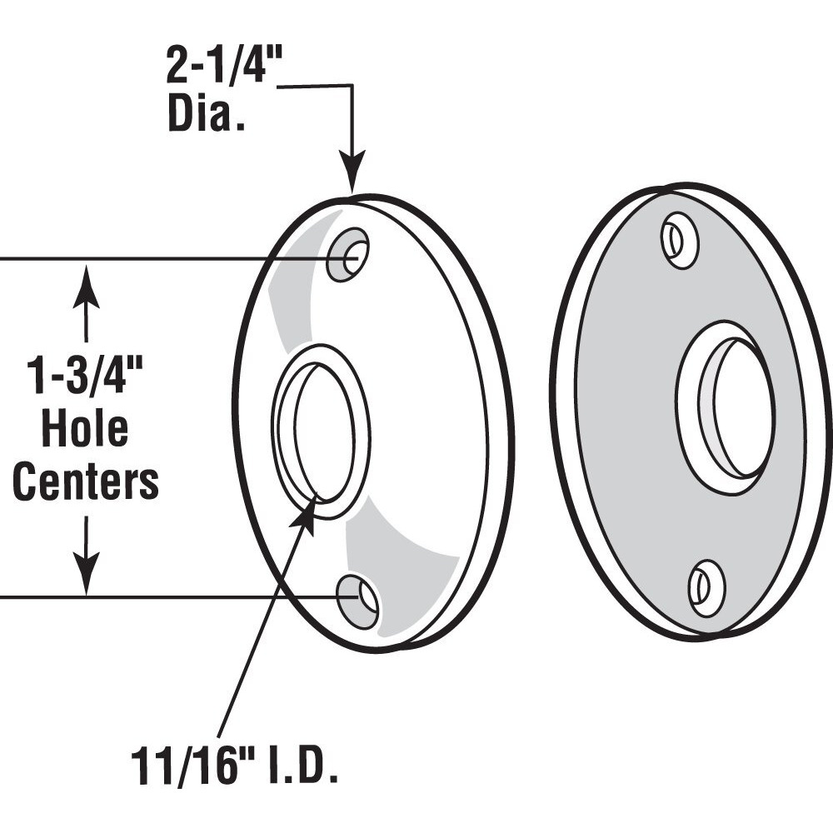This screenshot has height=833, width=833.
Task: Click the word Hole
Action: click(85, 430)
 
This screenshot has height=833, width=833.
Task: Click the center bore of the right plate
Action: click(733, 408)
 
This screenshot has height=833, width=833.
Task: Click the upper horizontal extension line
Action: click(167, 259)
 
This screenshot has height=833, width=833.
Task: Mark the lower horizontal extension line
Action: click(167, 597)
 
